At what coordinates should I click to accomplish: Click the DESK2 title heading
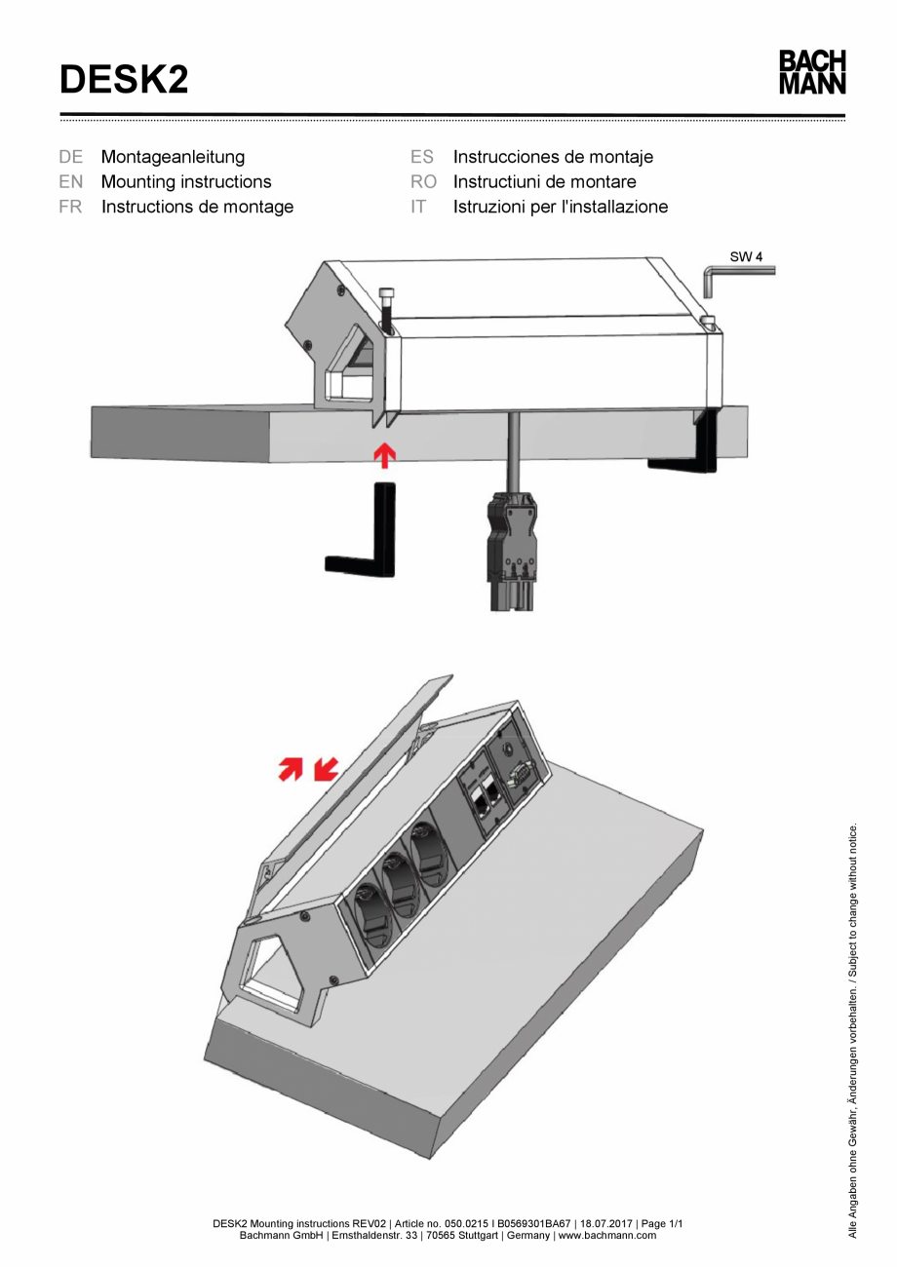point(124,79)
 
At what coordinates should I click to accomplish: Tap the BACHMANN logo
point(811,73)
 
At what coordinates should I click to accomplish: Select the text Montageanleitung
point(173,156)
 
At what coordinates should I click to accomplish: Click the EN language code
point(70,181)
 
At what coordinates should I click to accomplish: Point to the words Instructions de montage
point(197,207)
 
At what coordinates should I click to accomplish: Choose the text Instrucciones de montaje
point(553,156)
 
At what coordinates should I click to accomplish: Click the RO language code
point(423,181)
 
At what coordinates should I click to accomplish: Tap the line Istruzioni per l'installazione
point(561,207)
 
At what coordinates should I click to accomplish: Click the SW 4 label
point(746,257)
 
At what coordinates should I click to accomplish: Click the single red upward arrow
point(386,453)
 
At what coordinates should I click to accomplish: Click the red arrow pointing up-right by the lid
point(291,770)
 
